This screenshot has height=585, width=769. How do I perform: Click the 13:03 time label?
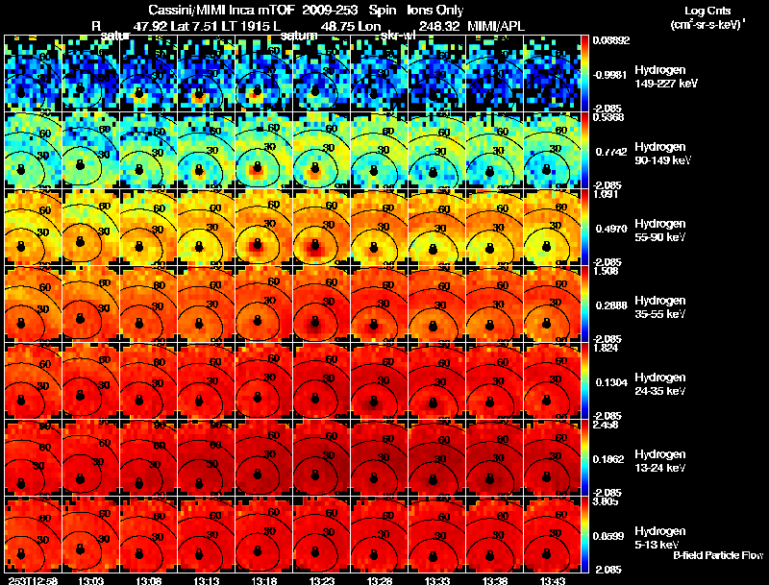tap(90, 579)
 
